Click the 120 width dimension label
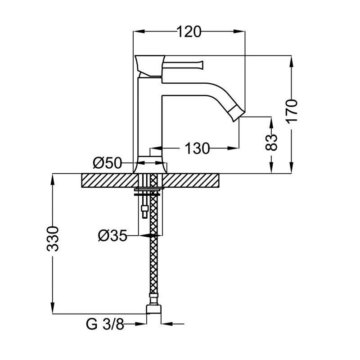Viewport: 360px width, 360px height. (189, 31)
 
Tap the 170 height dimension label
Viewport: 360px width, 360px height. (292, 111)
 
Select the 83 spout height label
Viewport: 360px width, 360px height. (271, 142)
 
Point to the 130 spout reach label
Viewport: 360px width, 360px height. (197, 148)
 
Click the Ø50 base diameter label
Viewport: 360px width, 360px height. (107, 163)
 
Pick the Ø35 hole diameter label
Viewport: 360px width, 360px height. (112, 235)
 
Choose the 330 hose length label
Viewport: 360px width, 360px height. (53, 239)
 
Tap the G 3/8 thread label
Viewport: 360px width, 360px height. (105, 324)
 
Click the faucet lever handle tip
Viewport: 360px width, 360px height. (202, 65)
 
